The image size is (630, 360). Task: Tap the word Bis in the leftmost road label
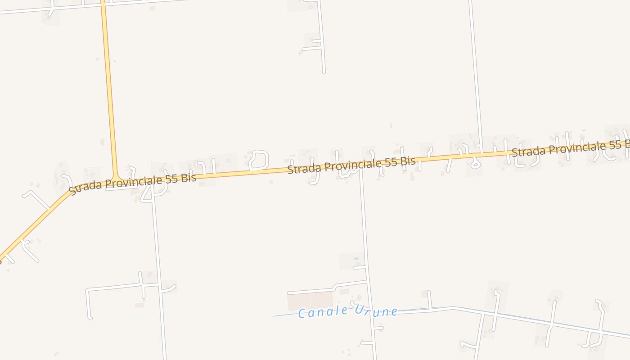(x=189, y=178)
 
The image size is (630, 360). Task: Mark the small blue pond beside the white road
(x=356, y=258)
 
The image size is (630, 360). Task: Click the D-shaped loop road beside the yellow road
(x=259, y=159)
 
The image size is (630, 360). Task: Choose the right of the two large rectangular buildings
(x=321, y=299)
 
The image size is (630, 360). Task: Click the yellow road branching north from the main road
(x=109, y=90)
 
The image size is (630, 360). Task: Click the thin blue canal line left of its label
(x=283, y=315)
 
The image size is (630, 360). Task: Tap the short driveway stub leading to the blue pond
(x=360, y=268)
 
